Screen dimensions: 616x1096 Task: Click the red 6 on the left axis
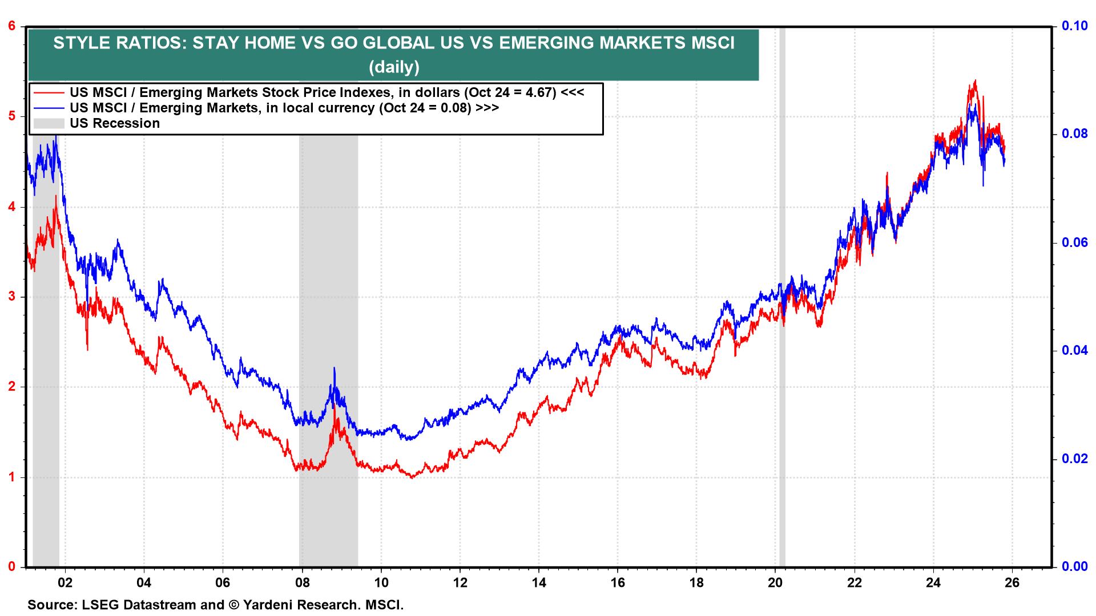pyautogui.click(x=10, y=26)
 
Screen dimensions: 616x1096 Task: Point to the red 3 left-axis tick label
pyautogui.click(x=10, y=297)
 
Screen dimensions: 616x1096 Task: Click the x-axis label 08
pyautogui.click(x=302, y=583)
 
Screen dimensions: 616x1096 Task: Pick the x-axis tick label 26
pyautogui.click(x=1012, y=583)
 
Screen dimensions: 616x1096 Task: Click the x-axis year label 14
pyautogui.click(x=539, y=583)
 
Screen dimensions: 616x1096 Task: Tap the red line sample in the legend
pyautogui.click(x=49, y=92)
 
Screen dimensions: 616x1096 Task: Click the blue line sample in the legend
pyautogui.click(x=49, y=108)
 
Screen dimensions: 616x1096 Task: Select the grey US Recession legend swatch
pyautogui.click(x=49, y=123)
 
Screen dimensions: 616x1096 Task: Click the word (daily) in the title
pyautogui.click(x=394, y=67)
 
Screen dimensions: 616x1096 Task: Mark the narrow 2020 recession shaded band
pyautogui.click(x=782, y=399)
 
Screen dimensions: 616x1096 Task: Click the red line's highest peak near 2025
pyautogui.click(x=975, y=81)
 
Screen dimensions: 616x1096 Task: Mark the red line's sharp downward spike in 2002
pyautogui.click(x=87, y=348)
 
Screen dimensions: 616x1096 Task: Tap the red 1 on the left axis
pyautogui.click(x=10, y=477)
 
